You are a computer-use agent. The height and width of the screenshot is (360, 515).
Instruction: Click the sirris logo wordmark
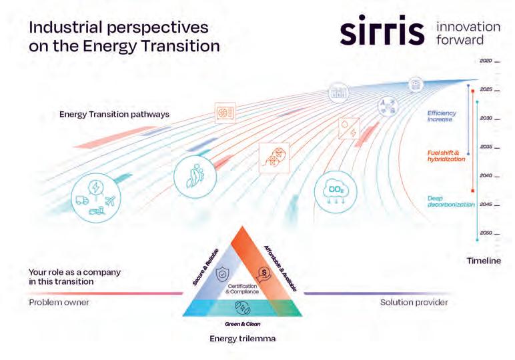click(x=382, y=31)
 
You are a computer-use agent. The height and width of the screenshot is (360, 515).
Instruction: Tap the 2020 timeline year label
click(x=486, y=61)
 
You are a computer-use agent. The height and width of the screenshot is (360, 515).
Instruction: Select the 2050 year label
click(x=486, y=233)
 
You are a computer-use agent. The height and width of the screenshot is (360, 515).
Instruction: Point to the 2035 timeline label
click(x=486, y=147)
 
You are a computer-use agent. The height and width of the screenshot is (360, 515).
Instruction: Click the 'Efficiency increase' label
click(x=440, y=116)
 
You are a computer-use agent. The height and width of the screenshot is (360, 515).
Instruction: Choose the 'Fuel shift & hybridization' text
click(x=446, y=157)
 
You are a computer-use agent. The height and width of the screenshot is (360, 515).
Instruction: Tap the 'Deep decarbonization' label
click(x=451, y=201)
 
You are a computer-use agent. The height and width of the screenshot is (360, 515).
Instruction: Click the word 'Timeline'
click(x=483, y=261)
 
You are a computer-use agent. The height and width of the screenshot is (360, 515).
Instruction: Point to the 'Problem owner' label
click(x=59, y=302)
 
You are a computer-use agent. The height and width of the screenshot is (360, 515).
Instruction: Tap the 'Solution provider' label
click(x=414, y=302)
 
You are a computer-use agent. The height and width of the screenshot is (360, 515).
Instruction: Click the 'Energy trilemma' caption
click(x=242, y=338)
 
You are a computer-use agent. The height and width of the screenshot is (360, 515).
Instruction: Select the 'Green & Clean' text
click(x=241, y=323)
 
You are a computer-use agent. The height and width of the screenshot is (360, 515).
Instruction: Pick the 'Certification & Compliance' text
click(x=241, y=289)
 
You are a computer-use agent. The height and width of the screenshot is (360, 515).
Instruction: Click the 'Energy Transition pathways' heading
click(x=114, y=114)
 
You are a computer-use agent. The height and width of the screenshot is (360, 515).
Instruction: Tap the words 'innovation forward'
click(x=467, y=33)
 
